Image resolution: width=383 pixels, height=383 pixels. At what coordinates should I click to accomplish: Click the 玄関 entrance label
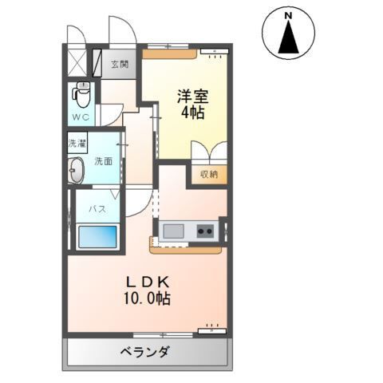(120, 65)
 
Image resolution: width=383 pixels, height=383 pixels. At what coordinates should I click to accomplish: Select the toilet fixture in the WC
(81, 95)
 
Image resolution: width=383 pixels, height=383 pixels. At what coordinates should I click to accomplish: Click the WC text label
(81, 118)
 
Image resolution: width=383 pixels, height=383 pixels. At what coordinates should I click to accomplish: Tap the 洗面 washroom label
(103, 160)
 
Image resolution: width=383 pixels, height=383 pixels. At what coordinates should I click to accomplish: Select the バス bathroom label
(97, 209)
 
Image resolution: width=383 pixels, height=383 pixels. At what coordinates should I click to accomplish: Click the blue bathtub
(97, 237)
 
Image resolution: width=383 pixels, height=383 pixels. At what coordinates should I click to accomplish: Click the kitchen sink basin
(173, 231)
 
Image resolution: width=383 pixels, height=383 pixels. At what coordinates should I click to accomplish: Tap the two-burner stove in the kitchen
(205, 231)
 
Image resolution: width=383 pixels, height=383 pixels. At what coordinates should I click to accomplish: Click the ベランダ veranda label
(145, 351)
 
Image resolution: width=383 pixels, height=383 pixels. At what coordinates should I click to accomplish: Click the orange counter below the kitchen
(185, 248)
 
